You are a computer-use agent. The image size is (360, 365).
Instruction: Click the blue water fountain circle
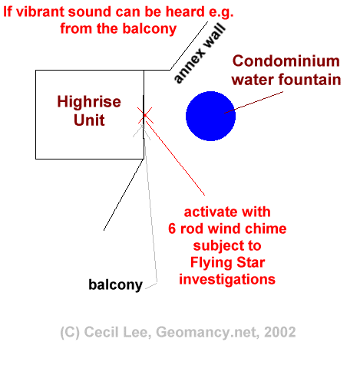(x=210, y=116)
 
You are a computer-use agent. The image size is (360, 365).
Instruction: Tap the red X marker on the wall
(x=145, y=115)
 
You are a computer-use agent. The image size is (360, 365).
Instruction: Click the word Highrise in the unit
(x=89, y=102)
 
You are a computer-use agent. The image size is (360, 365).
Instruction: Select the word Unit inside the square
(x=89, y=120)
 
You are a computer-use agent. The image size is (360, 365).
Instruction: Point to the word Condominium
(x=286, y=61)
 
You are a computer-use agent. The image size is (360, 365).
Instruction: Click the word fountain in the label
(x=309, y=80)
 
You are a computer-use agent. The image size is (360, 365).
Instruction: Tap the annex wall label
(x=200, y=54)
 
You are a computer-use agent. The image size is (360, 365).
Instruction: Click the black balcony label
(x=115, y=284)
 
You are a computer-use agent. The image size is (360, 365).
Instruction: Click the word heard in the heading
(x=186, y=12)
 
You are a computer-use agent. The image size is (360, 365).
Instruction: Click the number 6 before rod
(x=172, y=229)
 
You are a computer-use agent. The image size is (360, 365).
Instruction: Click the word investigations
(x=227, y=279)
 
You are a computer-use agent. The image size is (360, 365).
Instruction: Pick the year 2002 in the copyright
(x=279, y=332)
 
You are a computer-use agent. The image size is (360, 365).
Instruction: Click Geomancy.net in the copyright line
(x=207, y=333)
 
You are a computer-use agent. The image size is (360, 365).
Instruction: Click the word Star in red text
(x=251, y=262)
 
